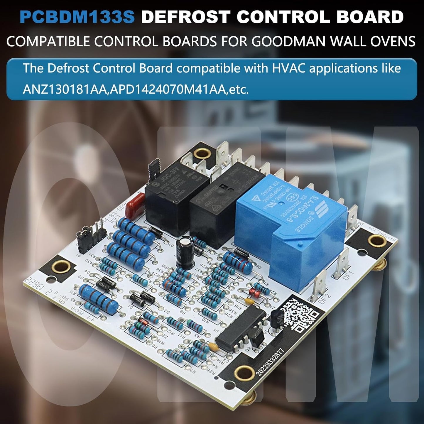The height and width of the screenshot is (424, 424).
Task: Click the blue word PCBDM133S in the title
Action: [77, 17]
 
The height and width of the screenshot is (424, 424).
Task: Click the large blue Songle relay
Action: [290, 229]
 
